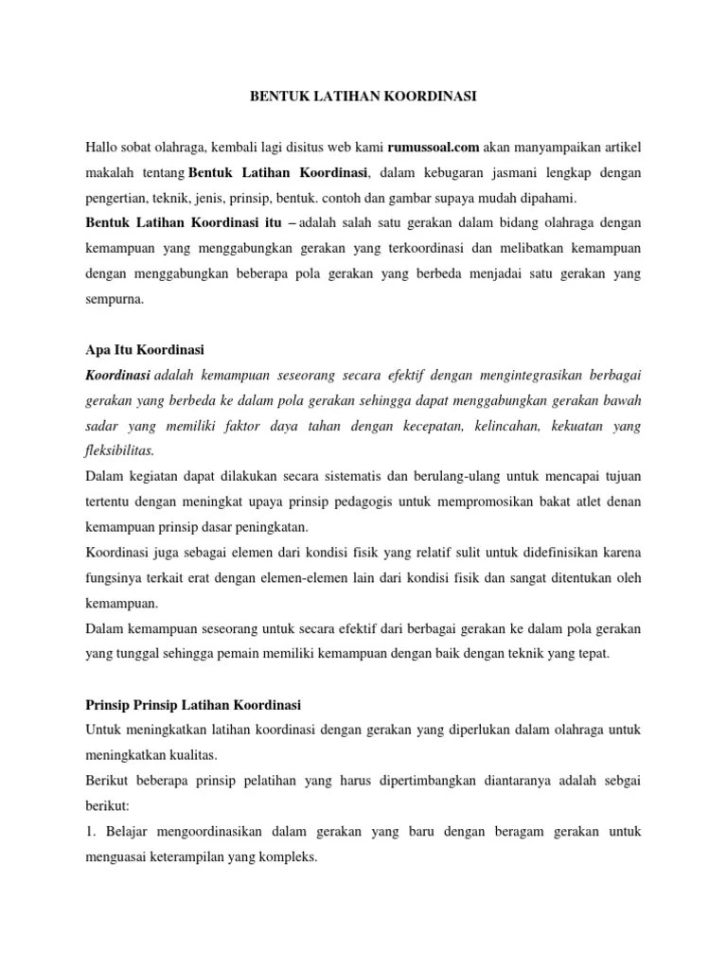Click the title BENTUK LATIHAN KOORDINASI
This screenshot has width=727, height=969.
click(x=363, y=97)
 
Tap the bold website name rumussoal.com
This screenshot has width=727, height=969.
click(x=434, y=148)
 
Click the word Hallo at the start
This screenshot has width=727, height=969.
click(x=104, y=148)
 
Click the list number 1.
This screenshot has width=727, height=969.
click(x=89, y=832)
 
